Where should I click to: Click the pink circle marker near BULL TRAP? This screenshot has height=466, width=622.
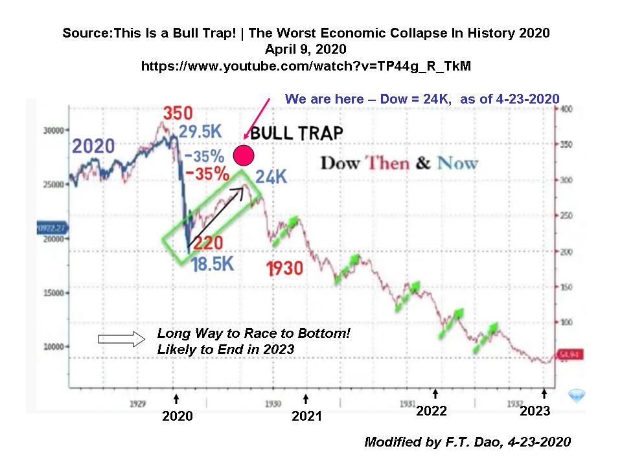[243, 155]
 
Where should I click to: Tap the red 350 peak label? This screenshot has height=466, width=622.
[177, 114]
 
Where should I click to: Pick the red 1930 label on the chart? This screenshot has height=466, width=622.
[284, 268]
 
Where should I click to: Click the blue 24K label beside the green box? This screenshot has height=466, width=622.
[270, 177]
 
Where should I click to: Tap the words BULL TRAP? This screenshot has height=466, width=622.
[296, 134]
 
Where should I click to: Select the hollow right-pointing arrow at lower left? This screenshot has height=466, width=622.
[115, 338]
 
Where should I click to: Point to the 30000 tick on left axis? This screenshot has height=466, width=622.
[55, 130]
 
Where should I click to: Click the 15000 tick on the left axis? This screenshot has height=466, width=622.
[55, 293]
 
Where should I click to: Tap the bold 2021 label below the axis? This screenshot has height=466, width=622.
[306, 416]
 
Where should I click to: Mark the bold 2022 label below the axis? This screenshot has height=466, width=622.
[432, 411]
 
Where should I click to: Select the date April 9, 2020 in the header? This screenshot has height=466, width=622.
[306, 49]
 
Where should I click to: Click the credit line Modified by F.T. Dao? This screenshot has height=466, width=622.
[467, 442]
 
